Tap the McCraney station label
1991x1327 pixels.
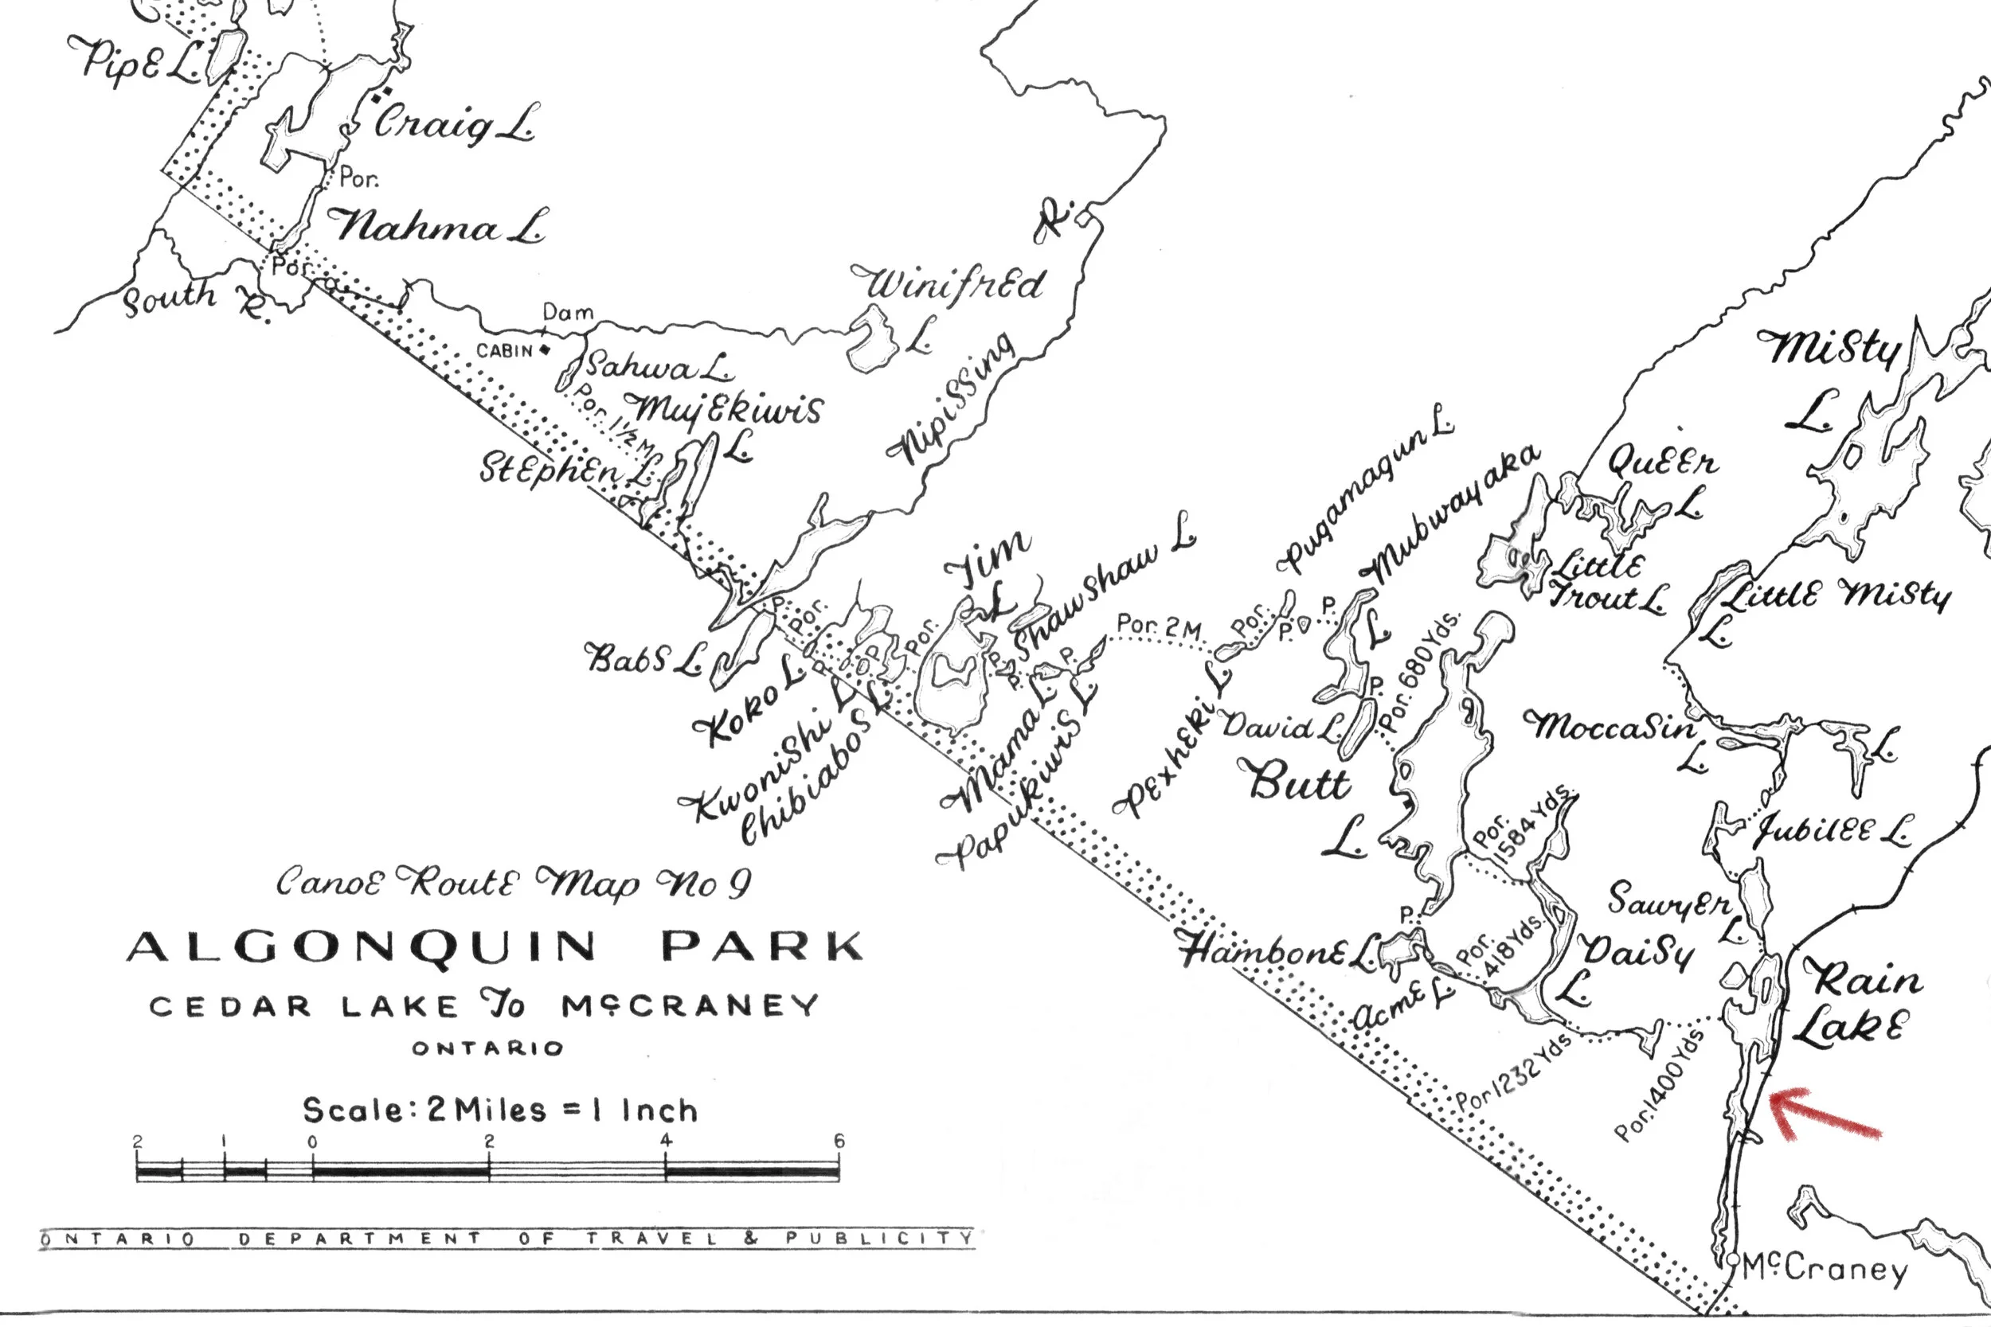pyautogui.click(x=1825, y=1270)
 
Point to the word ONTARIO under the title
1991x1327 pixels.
pyautogui.click(x=487, y=1048)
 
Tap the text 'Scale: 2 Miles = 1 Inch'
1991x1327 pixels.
pyautogui.click(x=499, y=1110)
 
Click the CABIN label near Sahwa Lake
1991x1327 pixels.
pyautogui.click(x=505, y=350)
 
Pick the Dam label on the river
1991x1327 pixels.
pyautogui.click(x=568, y=312)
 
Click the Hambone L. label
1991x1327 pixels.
pyautogui.click(x=1278, y=951)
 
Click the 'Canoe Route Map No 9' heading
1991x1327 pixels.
pyautogui.click(x=513, y=884)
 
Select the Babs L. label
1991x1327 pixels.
pyautogui.click(x=643, y=658)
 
